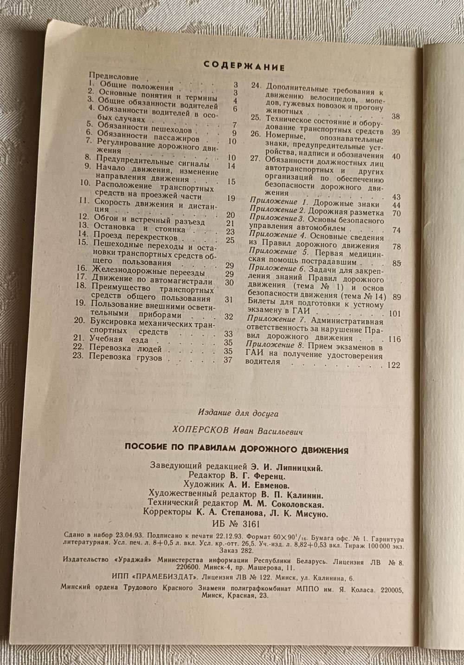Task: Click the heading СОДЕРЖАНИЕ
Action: pyautogui.click(x=244, y=66)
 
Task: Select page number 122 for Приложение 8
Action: pyautogui.click(x=393, y=365)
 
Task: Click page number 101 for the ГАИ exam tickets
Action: pyautogui.click(x=394, y=313)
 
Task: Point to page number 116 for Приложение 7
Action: pyautogui.click(x=394, y=339)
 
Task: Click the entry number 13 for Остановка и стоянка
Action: pyautogui.click(x=84, y=227)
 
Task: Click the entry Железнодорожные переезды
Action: pyautogui.click(x=148, y=272)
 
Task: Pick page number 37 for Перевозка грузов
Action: pyautogui.click(x=228, y=359)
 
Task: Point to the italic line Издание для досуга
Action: pyautogui.click(x=238, y=412)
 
